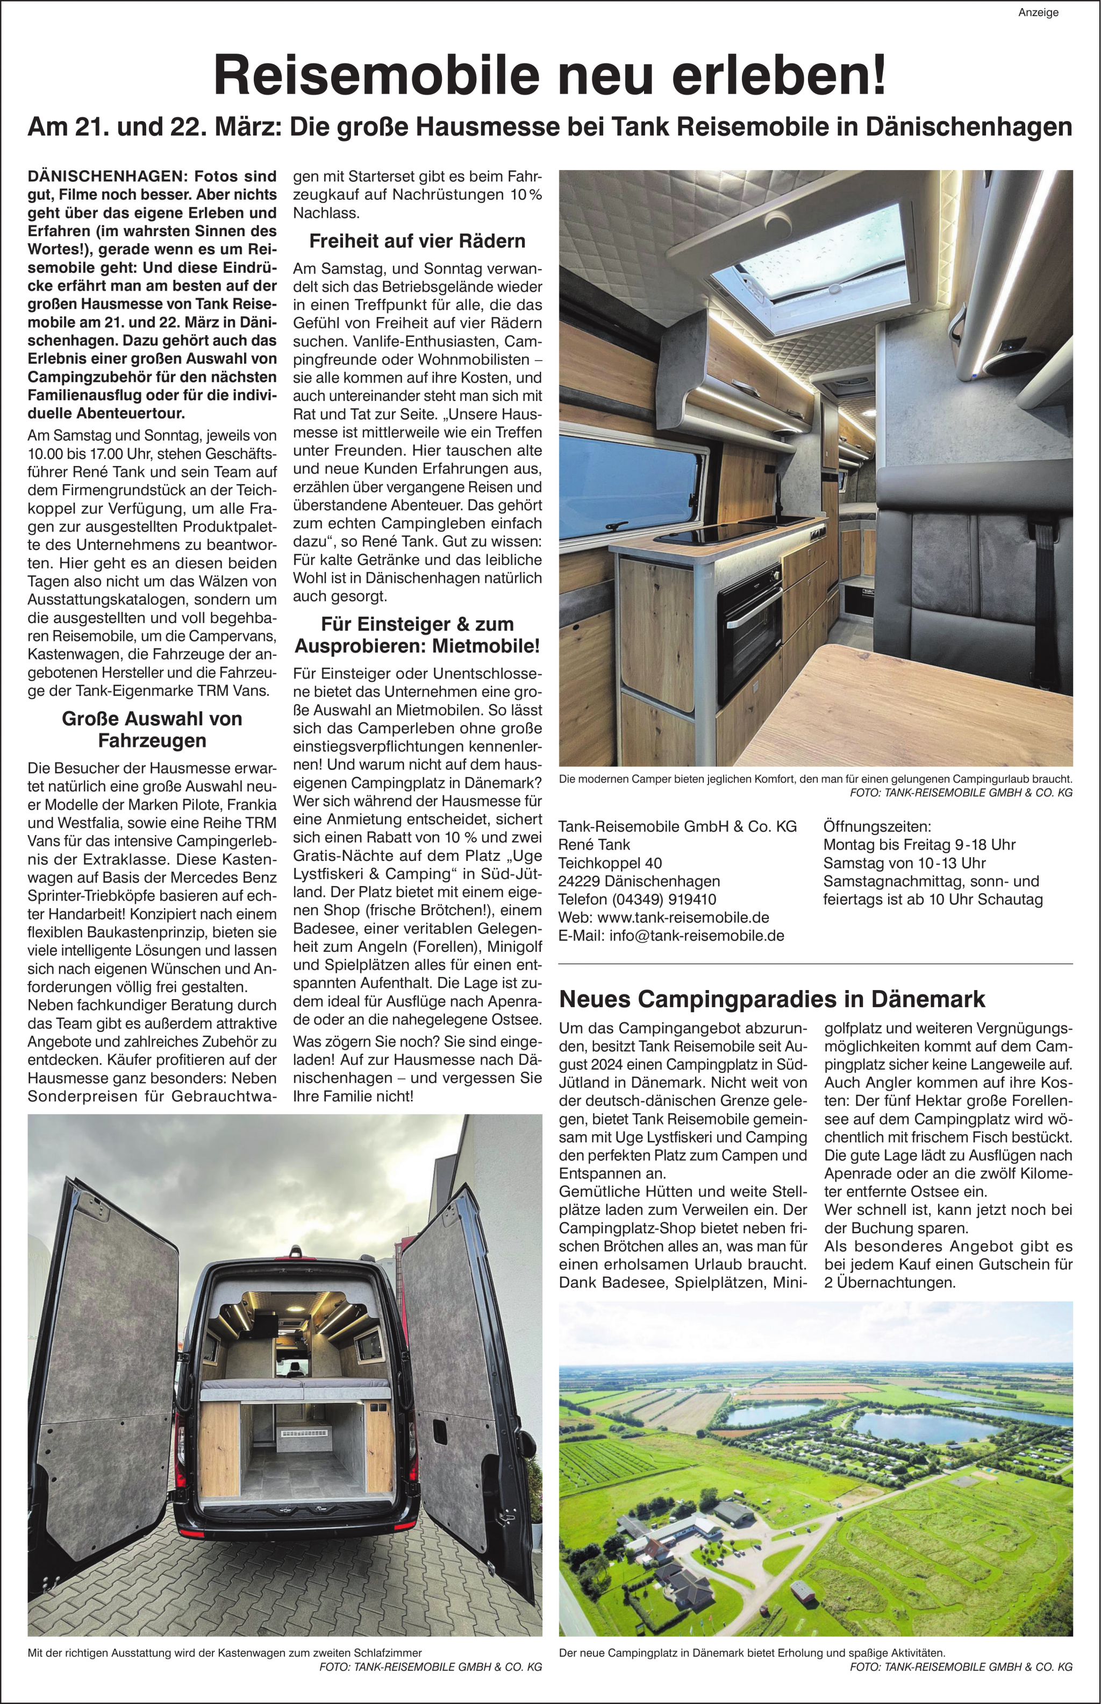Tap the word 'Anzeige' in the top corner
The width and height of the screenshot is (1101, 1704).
[1038, 13]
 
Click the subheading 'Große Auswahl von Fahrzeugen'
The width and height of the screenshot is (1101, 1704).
[152, 729]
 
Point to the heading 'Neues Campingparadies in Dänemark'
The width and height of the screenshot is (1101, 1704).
[772, 998]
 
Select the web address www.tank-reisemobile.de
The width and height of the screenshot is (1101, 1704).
[683, 917]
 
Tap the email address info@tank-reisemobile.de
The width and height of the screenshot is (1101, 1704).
[697, 936]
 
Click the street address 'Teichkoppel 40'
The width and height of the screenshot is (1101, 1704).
[610, 862]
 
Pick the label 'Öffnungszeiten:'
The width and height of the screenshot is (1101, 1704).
[877, 826]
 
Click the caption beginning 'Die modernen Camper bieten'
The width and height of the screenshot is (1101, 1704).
[815, 779]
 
